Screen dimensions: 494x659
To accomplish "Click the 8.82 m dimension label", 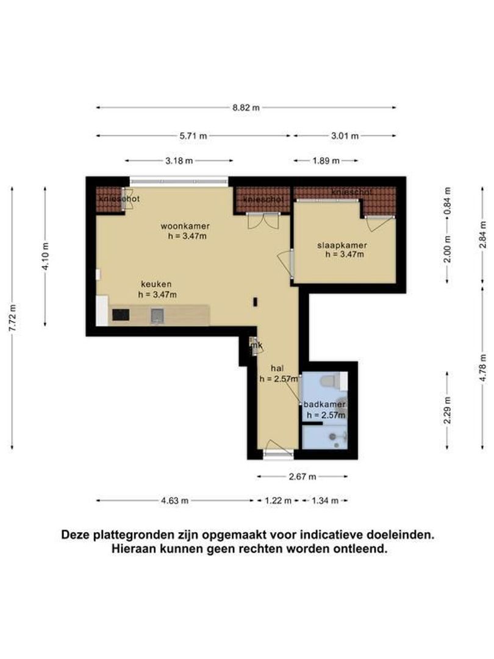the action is pyautogui.click(x=246, y=107).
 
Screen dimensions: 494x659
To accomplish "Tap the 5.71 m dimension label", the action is pyautogui.click(x=193, y=135).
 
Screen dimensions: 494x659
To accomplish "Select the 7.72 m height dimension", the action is pyautogui.click(x=13, y=318).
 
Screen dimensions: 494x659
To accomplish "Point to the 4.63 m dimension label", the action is pyautogui.click(x=175, y=500).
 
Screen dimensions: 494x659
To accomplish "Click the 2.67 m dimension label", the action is pyautogui.click(x=302, y=477).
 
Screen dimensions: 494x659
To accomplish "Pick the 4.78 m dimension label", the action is pyautogui.click(x=482, y=368).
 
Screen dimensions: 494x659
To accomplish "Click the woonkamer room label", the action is pyautogui.click(x=185, y=226).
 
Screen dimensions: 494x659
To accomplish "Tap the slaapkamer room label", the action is pyautogui.click(x=342, y=245).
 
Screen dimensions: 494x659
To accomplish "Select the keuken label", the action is pyautogui.click(x=156, y=284).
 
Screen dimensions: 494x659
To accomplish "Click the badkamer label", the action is pyautogui.click(x=324, y=405).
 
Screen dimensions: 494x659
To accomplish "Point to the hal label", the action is pyautogui.click(x=277, y=369).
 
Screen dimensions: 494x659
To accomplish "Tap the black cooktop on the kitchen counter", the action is pyautogui.click(x=121, y=315).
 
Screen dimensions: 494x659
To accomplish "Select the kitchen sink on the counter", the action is pyautogui.click(x=157, y=315).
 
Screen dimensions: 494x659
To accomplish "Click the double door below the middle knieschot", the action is pyautogui.click(x=263, y=221).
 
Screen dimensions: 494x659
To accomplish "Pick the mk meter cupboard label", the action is pyautogui.click(x=257, y=345).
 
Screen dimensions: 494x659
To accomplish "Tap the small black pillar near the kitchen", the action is pyautogui.click(x=255, y=302).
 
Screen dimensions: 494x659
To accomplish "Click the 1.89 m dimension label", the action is pyautogui.click(x=326, y=160).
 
